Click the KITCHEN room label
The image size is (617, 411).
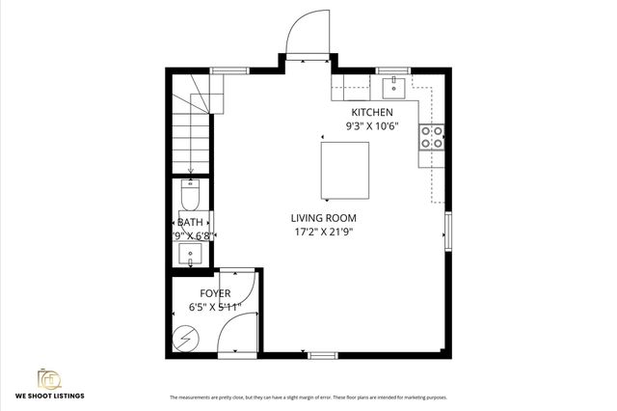(x=371, y=112)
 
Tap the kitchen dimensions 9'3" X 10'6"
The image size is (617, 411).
(x=371, y=125)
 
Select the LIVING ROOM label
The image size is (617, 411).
(x=322, y=218)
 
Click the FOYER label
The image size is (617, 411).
(x=214, y=292)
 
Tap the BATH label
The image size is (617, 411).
(x=190, y=222)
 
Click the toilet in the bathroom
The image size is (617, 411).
(x=190, y=198)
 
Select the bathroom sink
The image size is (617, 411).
(x=190, y=255)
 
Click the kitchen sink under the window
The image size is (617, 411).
(x=392, y=89)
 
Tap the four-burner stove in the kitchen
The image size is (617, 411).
(x=432, y=138)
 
